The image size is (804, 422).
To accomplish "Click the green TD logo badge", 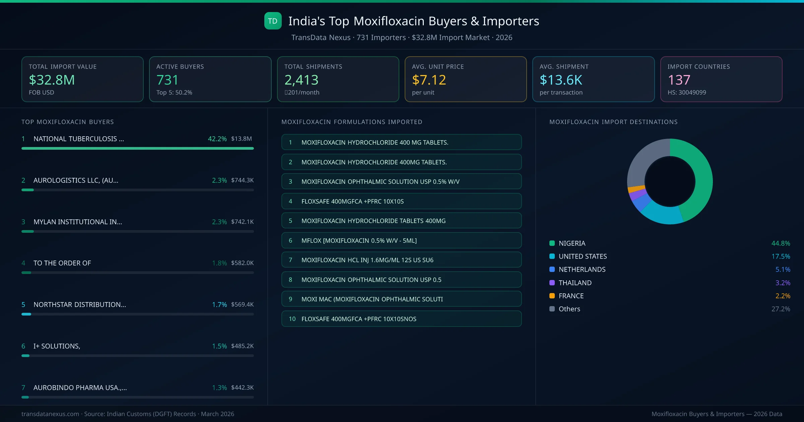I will coord(273,21).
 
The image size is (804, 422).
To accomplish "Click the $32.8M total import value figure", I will coord(52,80).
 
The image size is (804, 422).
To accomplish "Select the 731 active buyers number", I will coord(167,80).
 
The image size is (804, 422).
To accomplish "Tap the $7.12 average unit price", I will coord(429,80).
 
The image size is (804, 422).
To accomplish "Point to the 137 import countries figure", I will coord(679,80).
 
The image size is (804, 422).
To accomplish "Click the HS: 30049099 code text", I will coord(687,92).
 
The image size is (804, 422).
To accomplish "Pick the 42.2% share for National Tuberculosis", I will coord(217,139).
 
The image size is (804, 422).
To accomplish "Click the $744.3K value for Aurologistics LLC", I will coord(242,180).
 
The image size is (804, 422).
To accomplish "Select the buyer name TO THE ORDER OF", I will coord(62,263).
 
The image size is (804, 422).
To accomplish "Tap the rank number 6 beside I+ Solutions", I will coord(23,346).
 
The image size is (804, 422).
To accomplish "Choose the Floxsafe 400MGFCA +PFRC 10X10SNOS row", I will coord(401,319).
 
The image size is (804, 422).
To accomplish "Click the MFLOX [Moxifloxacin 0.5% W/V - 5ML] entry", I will coord(401,240).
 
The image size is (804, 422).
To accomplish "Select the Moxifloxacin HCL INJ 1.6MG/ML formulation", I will coord(401,260).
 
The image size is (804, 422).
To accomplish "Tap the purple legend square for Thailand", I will coord(552,283).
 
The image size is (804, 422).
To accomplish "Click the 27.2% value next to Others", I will coord(781,309).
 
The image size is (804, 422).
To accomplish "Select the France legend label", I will coord(571,296).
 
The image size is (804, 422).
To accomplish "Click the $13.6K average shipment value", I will coord(561,80).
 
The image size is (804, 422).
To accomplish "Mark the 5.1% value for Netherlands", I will coord(783,270).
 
